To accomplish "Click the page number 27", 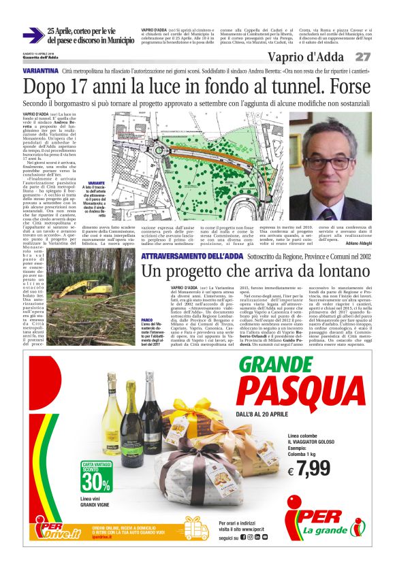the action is tap(364, 56).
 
